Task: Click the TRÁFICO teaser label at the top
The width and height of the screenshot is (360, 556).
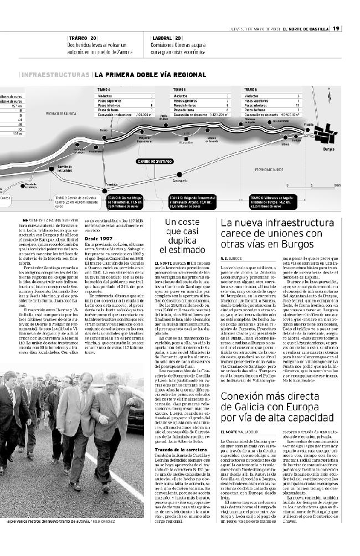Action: pyautogui.click(x=76, y=38)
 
